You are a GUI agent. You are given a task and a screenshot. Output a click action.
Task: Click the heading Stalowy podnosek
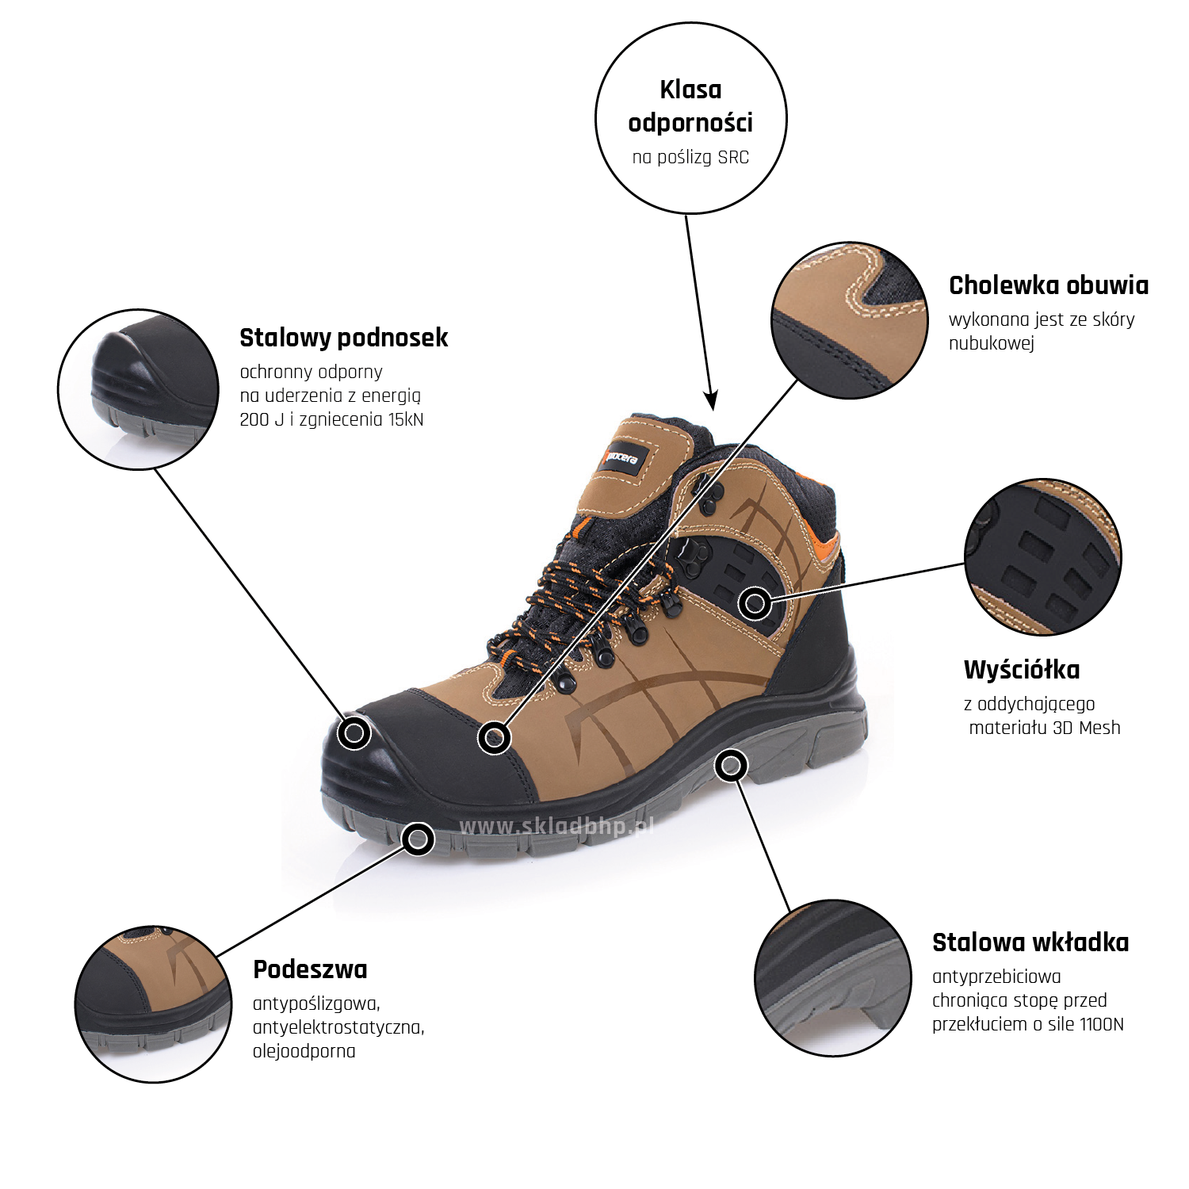click(x=343, y=338)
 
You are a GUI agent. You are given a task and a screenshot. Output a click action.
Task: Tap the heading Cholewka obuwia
click(x=1048, y=285)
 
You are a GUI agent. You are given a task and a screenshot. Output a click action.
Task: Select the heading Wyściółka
click(x=1022, y=670)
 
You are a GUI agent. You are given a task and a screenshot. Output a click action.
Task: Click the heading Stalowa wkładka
click(x=1030, y=942)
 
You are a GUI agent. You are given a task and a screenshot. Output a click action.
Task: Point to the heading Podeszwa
click(x=310, y=969)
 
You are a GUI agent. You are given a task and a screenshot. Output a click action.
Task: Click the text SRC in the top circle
click(x=733, y=157)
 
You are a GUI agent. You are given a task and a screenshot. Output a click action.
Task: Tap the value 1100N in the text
click(x=1101, y=1024)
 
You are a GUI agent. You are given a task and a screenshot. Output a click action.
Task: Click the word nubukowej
click(x=992, y=344)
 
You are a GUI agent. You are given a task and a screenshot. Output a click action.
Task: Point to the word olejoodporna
click(x=304, y=1052)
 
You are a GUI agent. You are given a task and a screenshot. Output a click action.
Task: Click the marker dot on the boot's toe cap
click(x=354, y=733)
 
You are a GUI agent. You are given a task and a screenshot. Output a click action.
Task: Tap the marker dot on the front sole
click(x=418, y=839)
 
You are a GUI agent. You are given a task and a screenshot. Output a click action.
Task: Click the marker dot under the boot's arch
click(x=731, y=766)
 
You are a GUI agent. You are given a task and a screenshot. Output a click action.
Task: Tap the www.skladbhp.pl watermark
click(x=557, y=827)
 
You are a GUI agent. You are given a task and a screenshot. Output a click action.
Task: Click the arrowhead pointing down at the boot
click(x=711, y=400)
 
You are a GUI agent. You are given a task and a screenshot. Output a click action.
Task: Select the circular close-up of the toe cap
click(x=139, y=390)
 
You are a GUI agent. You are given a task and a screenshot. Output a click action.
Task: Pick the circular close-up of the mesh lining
click(x=1043, y=556)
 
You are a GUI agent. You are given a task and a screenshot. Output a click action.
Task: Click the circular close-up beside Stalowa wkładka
click(x=833, y=978)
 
